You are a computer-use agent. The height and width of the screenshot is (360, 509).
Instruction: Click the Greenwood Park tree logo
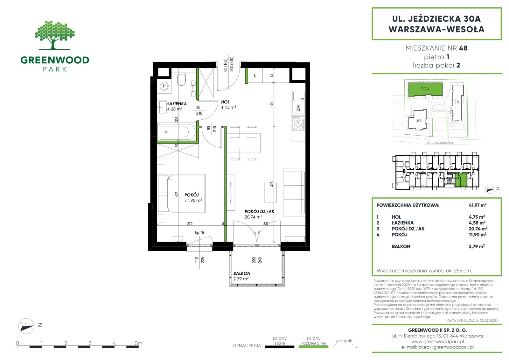(55, 35)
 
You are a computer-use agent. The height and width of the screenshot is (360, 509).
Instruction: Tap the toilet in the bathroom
(181, 79)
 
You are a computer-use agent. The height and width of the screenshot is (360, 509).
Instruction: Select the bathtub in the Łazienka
(177, 132)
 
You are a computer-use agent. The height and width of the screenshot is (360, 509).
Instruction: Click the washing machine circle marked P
(164, 86)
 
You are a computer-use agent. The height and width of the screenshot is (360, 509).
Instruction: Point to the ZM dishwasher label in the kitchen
(298, 108)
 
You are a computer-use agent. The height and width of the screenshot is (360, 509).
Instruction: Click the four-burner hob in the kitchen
(298, 124)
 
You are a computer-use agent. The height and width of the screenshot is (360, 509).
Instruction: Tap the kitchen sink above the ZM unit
(298, 96)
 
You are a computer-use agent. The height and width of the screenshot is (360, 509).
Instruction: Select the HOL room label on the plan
(225, 102)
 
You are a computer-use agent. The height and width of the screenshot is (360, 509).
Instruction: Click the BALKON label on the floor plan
(242, 273)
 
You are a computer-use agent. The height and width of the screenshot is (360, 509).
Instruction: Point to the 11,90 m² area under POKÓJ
(193, 200)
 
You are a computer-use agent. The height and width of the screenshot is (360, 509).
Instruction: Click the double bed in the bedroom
(182, 194)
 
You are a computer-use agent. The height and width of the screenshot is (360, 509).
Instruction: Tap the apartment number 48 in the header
(463, 48)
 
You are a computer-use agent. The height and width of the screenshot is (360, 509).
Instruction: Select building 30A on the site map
(425, 89)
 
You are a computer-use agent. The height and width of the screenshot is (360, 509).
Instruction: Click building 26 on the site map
(457, 102)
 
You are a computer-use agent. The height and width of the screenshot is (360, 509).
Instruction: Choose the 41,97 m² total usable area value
(478, 205)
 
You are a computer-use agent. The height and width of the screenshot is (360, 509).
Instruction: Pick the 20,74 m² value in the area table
(478, 229)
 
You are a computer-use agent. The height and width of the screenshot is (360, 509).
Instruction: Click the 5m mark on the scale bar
(138, 343)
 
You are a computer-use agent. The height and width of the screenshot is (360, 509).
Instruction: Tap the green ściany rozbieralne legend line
(314, 347)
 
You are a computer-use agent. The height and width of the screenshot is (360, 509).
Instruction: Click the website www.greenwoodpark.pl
(437, 342)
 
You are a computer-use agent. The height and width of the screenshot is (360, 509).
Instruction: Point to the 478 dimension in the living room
(272, 184)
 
